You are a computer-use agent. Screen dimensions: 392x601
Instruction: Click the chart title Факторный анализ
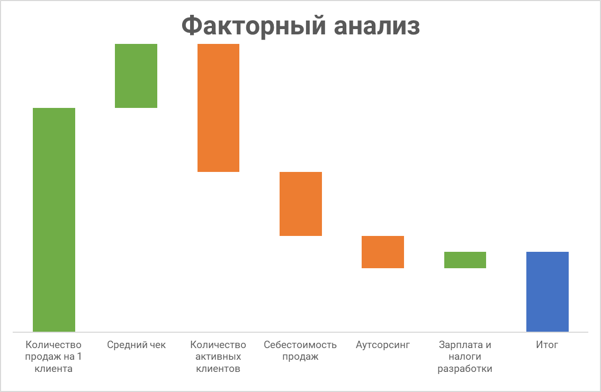click(300, 25)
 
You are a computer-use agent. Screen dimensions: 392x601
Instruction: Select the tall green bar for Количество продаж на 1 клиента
click(54, 220)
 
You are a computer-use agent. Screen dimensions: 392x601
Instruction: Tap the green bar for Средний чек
click(136, 76)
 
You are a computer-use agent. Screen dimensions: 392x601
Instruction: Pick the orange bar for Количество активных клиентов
click(218, 108)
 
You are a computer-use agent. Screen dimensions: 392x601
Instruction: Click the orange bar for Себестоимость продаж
click(301, 204)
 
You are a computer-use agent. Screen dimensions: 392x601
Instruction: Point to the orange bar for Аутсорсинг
click(383, 252)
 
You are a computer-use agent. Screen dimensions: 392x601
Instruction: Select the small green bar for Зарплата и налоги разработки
click(465, 260)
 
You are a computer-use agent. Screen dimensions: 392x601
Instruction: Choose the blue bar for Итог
click(547, 291)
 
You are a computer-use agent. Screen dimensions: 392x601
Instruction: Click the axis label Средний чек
click(136, 345)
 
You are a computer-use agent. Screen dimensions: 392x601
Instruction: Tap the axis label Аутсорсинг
click(383, 345)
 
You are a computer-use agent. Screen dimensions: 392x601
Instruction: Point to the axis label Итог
click(547, 345)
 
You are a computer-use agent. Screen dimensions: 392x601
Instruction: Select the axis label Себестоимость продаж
click(300, 351)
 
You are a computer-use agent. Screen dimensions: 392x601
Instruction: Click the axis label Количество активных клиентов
click(218, 357)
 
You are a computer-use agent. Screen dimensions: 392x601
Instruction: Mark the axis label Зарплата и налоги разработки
click(465, 357)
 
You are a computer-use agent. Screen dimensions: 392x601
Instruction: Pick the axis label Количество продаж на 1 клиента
click(54, 357)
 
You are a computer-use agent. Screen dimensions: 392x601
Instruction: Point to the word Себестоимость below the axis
click(300, 345)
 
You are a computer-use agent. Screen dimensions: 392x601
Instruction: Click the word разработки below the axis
click(465, 369)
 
